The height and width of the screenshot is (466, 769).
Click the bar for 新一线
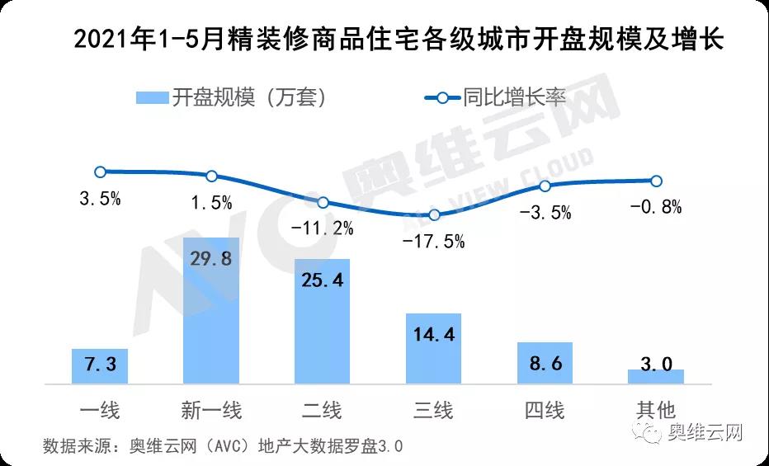pyautogui.click(x=210, y=310)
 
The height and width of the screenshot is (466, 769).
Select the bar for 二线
pyautogui.click(x=322, y=321)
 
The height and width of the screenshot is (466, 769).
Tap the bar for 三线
pyautogui.click(x=433, y=348)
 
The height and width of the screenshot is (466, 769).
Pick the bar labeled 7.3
pyautogui.click(x=100, y=366)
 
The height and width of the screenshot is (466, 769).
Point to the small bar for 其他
pyautogui.click(x=656, y=376)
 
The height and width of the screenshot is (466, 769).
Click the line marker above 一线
pyautogui.click(x=100, y=172)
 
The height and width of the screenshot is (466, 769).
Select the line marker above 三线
pyautogui.click(x=434, y=214)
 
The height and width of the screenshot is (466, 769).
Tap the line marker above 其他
pyautogui.click(x=657, y=181)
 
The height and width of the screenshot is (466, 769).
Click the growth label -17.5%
pyautogui.click(x=434, y=241)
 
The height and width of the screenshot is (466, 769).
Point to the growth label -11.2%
pyautogui.click(x=323, y=228)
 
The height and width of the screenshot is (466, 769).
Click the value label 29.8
pyautogui.click(x=210, y=259)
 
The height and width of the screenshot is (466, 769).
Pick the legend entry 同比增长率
pyautogui.click(x=495, y=97)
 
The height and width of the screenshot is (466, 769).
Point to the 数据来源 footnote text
pyautogui.click(x=223, y=446)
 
